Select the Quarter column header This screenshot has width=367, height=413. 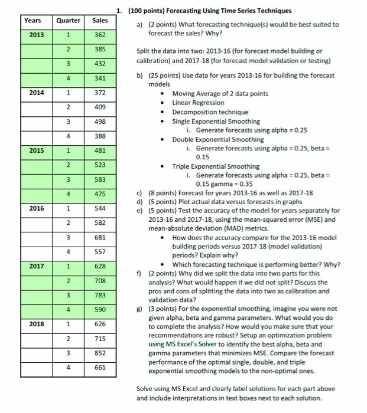(68, 21)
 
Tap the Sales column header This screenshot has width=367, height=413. (100, 21)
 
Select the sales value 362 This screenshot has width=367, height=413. (100, 35)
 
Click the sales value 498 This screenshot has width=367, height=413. (100, 122)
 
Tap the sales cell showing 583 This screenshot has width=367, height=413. (100, 179)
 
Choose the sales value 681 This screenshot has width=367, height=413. (100, 237)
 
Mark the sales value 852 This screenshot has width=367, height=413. (100, 353)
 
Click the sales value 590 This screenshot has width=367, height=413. (100, 309)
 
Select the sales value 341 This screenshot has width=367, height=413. (100, 78)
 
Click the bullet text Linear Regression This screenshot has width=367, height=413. (198, 103)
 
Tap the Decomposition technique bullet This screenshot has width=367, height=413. (210, 112)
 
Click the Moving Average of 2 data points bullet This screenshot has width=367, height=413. (220, 93)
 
